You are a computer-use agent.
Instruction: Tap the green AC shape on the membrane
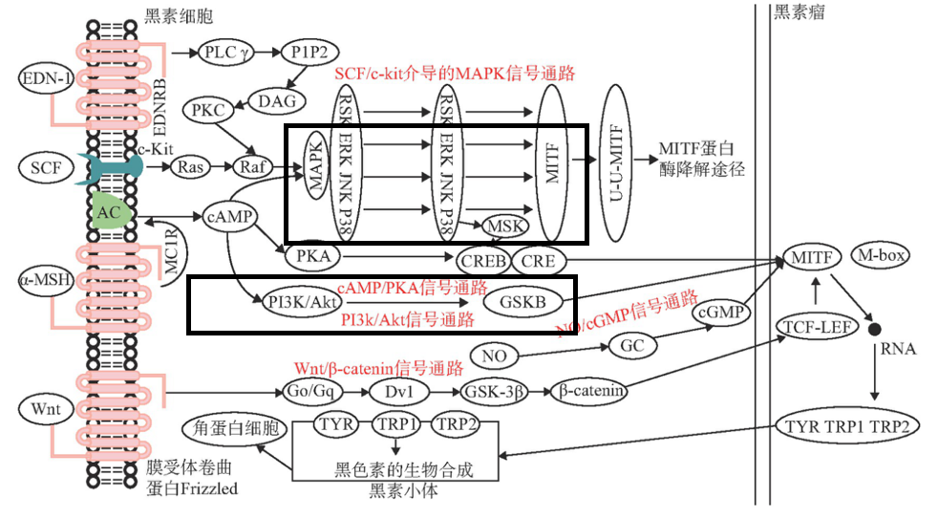(110, 210)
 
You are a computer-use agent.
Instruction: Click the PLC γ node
(226, 54)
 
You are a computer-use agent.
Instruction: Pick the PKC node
(207, 110)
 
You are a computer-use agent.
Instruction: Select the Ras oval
(189, 167)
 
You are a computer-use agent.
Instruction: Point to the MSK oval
(505, 226)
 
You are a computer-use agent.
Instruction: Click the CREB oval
(481, 260)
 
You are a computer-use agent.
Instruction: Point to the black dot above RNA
(874, 329)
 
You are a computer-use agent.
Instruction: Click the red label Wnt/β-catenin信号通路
(378, 367)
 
